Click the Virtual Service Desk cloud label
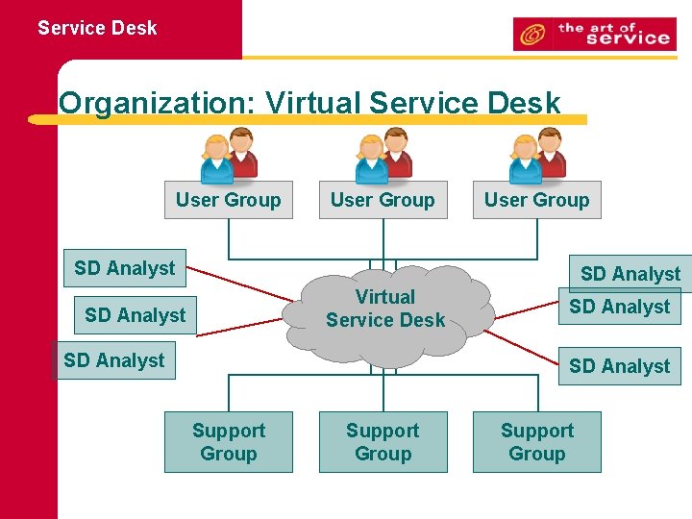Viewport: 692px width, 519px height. pyautogui.click(x=384, y=309)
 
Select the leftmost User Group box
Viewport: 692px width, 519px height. pyautogui.click(x=228, y=200)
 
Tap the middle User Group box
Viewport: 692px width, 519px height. pyautogui.click(x=383, y=200)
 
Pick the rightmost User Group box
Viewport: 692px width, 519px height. pyautogui.click(x=536, y=200)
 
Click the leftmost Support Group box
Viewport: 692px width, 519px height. pyautogui.click(x=228, y=442)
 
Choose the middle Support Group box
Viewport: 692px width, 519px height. pyautogui.click(x=383, y=442)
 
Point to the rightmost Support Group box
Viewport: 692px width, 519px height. pyautogui.click(x=536, y=442)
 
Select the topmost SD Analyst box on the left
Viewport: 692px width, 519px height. pyautogui.click(x=125, y=268)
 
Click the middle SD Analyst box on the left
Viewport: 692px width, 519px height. pyautogui.click(x=135, y=315)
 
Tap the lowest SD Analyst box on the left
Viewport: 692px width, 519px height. pyautogui.click(x=114, y=360)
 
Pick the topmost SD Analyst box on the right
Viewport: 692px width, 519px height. pyautogui.click(x=630, y=273)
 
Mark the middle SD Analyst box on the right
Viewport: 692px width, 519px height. pyautogui.click(x=619, y=307)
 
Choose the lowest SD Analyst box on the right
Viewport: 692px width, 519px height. pyautogui.click(x=619, y=366)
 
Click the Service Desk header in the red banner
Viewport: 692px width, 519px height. pyautogui.click(x=97, y=28)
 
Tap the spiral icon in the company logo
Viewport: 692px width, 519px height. pyautogui.click(x=531, y=36)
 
